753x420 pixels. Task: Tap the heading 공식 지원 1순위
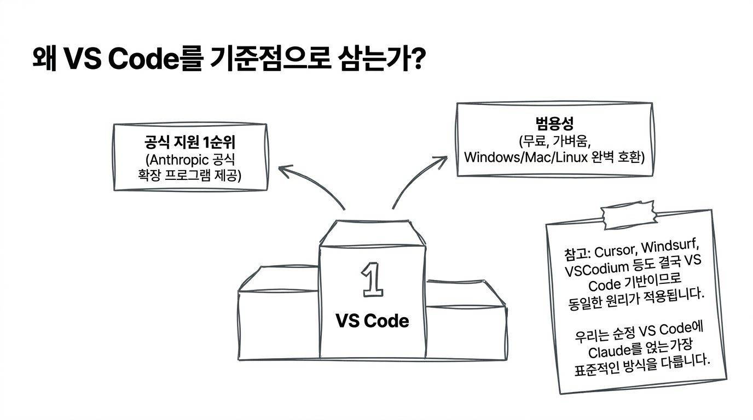(x=190, y=142)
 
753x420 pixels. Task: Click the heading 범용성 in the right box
(x=554, y=123)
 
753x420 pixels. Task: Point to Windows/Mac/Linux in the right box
(x=526, y=157)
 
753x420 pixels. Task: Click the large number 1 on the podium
(x=372, y=279)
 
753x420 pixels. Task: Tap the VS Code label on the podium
(x=372, y=320)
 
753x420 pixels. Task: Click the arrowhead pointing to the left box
(x=285, y=171)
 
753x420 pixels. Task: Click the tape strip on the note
(x=629, y=215)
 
